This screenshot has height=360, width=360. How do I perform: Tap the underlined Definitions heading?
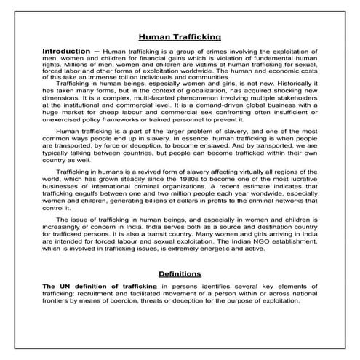pyautogui.click(x=180, y=273)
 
